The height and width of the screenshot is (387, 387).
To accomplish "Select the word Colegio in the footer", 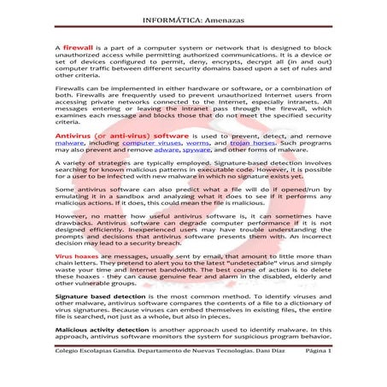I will coord(67,375).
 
